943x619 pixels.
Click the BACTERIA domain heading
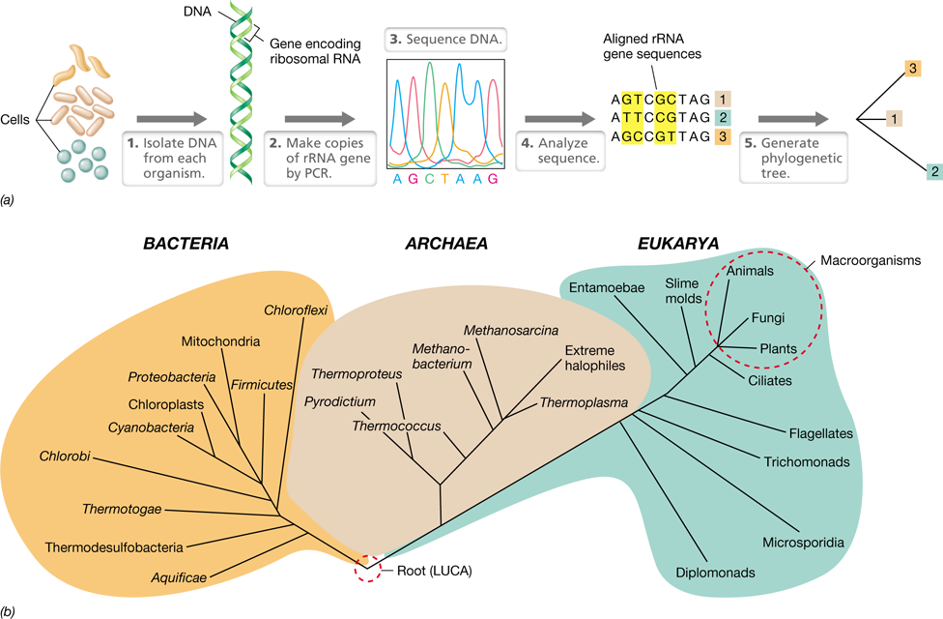point(186,244)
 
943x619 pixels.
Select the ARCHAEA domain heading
point(445,244)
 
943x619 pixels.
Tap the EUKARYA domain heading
point(678,244)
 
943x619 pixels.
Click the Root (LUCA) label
point(434,571)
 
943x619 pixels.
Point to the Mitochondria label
point(220,341)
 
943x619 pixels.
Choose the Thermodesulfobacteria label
point(114,547)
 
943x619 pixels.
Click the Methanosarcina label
point(510,331)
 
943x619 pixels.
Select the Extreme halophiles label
point(595,358)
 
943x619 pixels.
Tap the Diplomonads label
point(715,573)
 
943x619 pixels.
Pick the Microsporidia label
point(803,543)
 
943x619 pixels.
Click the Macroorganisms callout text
point(871,261)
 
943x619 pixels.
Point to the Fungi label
point(768,318)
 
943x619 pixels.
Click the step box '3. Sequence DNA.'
point(445,39)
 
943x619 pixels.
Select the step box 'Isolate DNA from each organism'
point(173,159)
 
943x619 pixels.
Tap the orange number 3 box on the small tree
point(912,68)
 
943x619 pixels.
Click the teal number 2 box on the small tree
point(934,171)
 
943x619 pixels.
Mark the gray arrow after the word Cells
point(172,119)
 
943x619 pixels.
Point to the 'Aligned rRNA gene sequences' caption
point(652,46)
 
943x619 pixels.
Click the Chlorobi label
point(65,457)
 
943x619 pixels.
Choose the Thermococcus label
point(396,427)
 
